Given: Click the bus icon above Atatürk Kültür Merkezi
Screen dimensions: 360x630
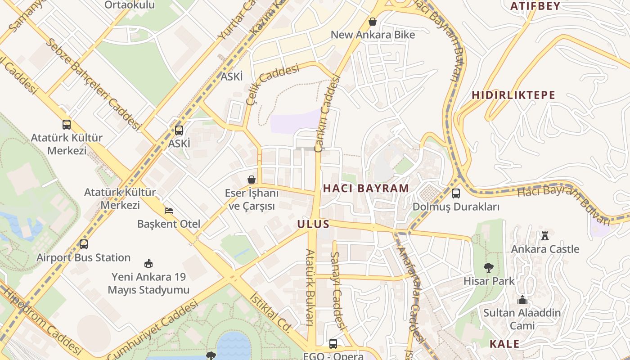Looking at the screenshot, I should click(67, 125).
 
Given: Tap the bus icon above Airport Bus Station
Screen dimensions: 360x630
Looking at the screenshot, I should click(84, 244).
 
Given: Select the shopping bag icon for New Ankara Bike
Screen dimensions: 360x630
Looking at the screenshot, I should click(373, 21).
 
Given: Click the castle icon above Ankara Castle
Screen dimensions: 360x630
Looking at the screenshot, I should click(545, 235).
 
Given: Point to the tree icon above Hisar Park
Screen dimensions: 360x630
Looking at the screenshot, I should click(488, 268).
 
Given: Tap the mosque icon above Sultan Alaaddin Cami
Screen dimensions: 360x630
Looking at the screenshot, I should click(522, 299).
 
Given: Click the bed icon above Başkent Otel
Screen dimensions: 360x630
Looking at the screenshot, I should click(168, 210).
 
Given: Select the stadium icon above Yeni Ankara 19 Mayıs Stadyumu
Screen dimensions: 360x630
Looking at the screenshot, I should click(148, 263).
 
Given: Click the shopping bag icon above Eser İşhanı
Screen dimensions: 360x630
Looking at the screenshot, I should click(252, 180).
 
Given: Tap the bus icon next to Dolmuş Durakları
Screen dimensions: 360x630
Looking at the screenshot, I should click(456, 193).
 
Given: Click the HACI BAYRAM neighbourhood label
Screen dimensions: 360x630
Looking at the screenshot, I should click(366, 188).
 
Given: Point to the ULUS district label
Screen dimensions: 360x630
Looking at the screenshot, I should click(313, 224).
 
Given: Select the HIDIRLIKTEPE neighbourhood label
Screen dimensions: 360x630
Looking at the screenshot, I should click(513, 95).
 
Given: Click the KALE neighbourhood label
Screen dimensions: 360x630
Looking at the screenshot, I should click(504, 344).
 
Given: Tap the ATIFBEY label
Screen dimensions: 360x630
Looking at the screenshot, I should click(535, 6).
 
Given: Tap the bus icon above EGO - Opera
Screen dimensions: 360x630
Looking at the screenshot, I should click(333, 344).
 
